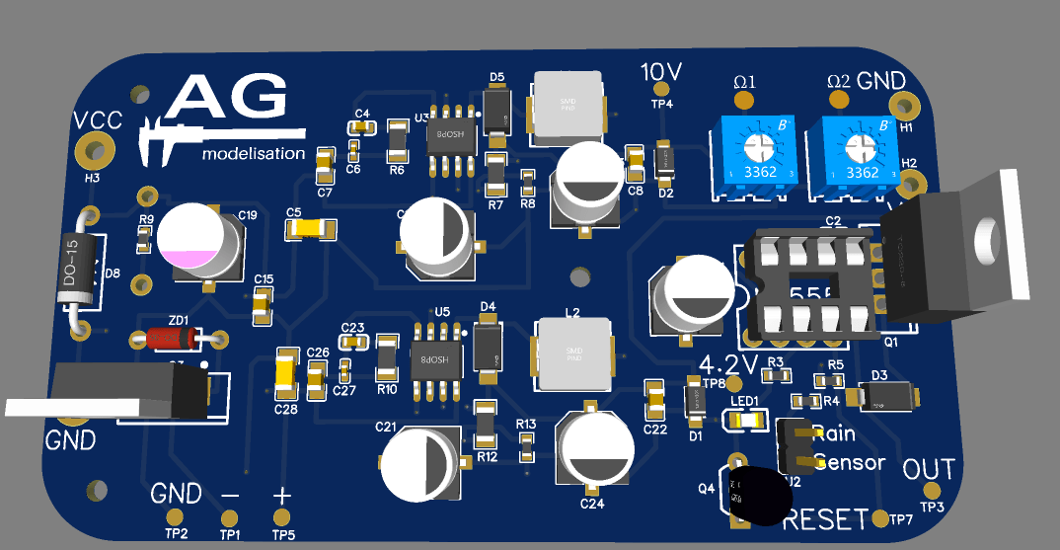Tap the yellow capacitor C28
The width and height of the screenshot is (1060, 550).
click(286, 372)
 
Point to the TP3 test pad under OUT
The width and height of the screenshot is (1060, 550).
click(932, 491)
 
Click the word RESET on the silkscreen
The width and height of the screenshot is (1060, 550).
click(828, 518)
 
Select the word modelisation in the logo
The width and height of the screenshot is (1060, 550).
click(254, 154)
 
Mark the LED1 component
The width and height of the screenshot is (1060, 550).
click(747, 421)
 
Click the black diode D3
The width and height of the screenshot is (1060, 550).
click(887, 397)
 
